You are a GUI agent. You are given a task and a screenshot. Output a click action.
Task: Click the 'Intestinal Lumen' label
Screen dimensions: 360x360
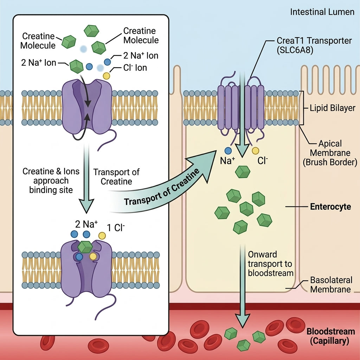point(322,12)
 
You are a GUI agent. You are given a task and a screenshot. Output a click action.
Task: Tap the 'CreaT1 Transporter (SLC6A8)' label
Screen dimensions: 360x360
point(314,45)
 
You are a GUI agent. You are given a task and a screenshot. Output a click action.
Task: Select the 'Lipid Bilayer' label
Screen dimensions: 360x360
point(333,108)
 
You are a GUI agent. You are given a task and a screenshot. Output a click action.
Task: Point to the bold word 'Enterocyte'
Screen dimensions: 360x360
point(330,207)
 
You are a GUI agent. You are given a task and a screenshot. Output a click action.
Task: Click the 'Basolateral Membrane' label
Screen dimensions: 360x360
point(331,285)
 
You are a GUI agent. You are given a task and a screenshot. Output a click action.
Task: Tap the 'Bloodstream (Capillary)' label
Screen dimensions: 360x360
point(330,336)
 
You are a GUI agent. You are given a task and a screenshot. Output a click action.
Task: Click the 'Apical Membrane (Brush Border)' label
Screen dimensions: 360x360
point(330,153)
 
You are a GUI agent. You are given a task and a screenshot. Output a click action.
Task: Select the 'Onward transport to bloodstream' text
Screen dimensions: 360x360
point(270,264)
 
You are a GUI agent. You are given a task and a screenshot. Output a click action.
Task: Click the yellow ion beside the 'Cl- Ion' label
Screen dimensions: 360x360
point(106,76)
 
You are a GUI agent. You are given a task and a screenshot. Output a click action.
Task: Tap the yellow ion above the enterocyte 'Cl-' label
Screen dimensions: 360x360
point(255,150)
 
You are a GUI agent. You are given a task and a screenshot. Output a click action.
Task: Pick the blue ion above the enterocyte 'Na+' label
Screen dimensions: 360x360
point(228,150)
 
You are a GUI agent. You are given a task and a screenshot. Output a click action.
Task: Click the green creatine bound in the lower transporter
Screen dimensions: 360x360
point(85,247)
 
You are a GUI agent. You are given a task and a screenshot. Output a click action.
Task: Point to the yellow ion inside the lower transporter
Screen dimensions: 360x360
point(93,256)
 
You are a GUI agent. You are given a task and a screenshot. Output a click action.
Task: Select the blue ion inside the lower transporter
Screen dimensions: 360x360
point(79,257)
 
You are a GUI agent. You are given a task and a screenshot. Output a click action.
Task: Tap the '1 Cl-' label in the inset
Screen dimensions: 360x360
point(116,227)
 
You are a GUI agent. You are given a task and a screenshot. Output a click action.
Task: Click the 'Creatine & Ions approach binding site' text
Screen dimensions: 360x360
point(51,181)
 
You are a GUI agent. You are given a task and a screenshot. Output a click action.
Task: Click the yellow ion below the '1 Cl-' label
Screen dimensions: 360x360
point(102,236)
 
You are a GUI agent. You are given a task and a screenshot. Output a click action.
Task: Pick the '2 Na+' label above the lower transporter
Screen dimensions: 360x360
point(86,224)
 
